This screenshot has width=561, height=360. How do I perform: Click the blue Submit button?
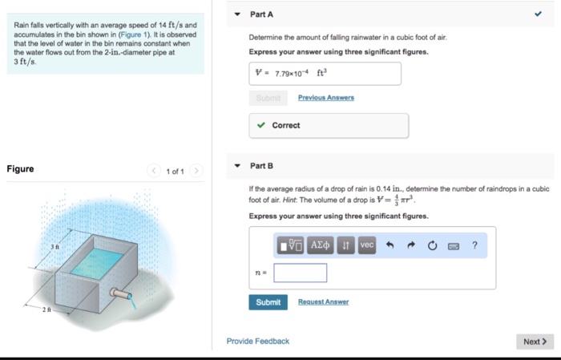[x=268, y=302]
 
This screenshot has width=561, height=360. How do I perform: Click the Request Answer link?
[x=323, y=302]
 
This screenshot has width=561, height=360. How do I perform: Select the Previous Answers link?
[x=325, y=98]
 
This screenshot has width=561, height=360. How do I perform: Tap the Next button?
[x=535, y=342]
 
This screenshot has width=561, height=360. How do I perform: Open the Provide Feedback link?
[x=257, y=342]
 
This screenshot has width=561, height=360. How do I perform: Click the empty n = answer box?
[x=300, y=273]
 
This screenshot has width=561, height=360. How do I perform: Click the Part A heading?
[x=261, y=14]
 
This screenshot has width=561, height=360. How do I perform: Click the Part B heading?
[x=261, y=166]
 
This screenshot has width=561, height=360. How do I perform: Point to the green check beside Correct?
[x=261, y=126]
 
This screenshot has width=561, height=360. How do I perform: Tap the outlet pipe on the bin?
[x=122, y=294]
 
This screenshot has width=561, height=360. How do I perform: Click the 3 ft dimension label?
[x=55, y=246]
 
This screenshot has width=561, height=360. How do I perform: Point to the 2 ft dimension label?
[x=46, y=309]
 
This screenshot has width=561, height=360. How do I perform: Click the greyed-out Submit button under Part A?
[x=268, y=98]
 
